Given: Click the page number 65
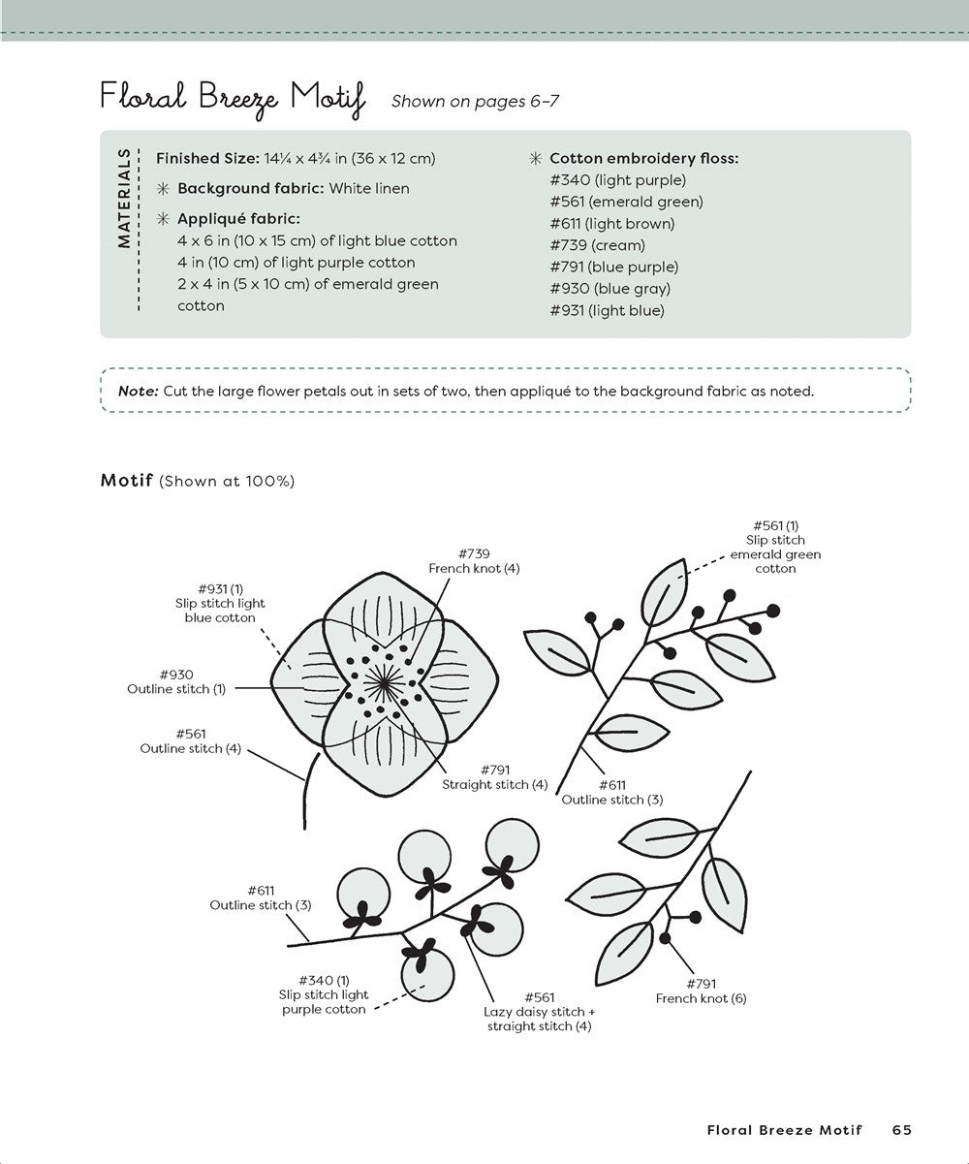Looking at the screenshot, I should pyautogui.click(x=901, y=1129).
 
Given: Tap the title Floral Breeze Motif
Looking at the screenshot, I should pyautogui.click(x=233, y=99).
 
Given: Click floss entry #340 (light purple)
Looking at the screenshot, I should pyautogui.click(x=616, y=180).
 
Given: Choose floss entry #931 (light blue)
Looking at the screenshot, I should pyautogui.click(x=606, y=310).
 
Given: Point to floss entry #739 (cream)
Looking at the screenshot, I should pyautogui.click(x=596, y=245).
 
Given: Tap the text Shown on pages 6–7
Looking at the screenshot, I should pyautogui.click(x=475, y=102).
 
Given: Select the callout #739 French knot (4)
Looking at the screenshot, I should pyautogui.click(x=474, y=560).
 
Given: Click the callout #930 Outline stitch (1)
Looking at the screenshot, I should pyautogui.click(x=176, y=681).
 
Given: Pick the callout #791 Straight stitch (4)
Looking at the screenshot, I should pyautogui.click(x=494, y=777).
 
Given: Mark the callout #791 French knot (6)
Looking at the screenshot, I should pyautogui.click(x=701, y=991).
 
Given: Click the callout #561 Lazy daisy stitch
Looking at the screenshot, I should pyautogui.click(x=539, y=1011).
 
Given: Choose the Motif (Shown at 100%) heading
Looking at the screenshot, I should pyautogui.click(x=198, y=481).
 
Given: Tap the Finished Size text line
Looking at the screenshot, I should pyautogui.click(x=296, y=158).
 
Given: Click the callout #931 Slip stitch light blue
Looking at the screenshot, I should pyautogui.click(x=220, y=603).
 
